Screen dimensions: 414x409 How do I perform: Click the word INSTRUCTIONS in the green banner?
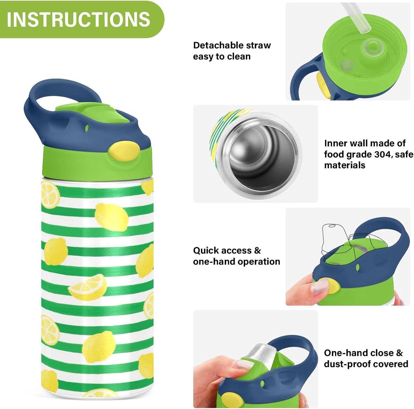(78, 19)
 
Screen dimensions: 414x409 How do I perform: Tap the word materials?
(345, 165)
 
